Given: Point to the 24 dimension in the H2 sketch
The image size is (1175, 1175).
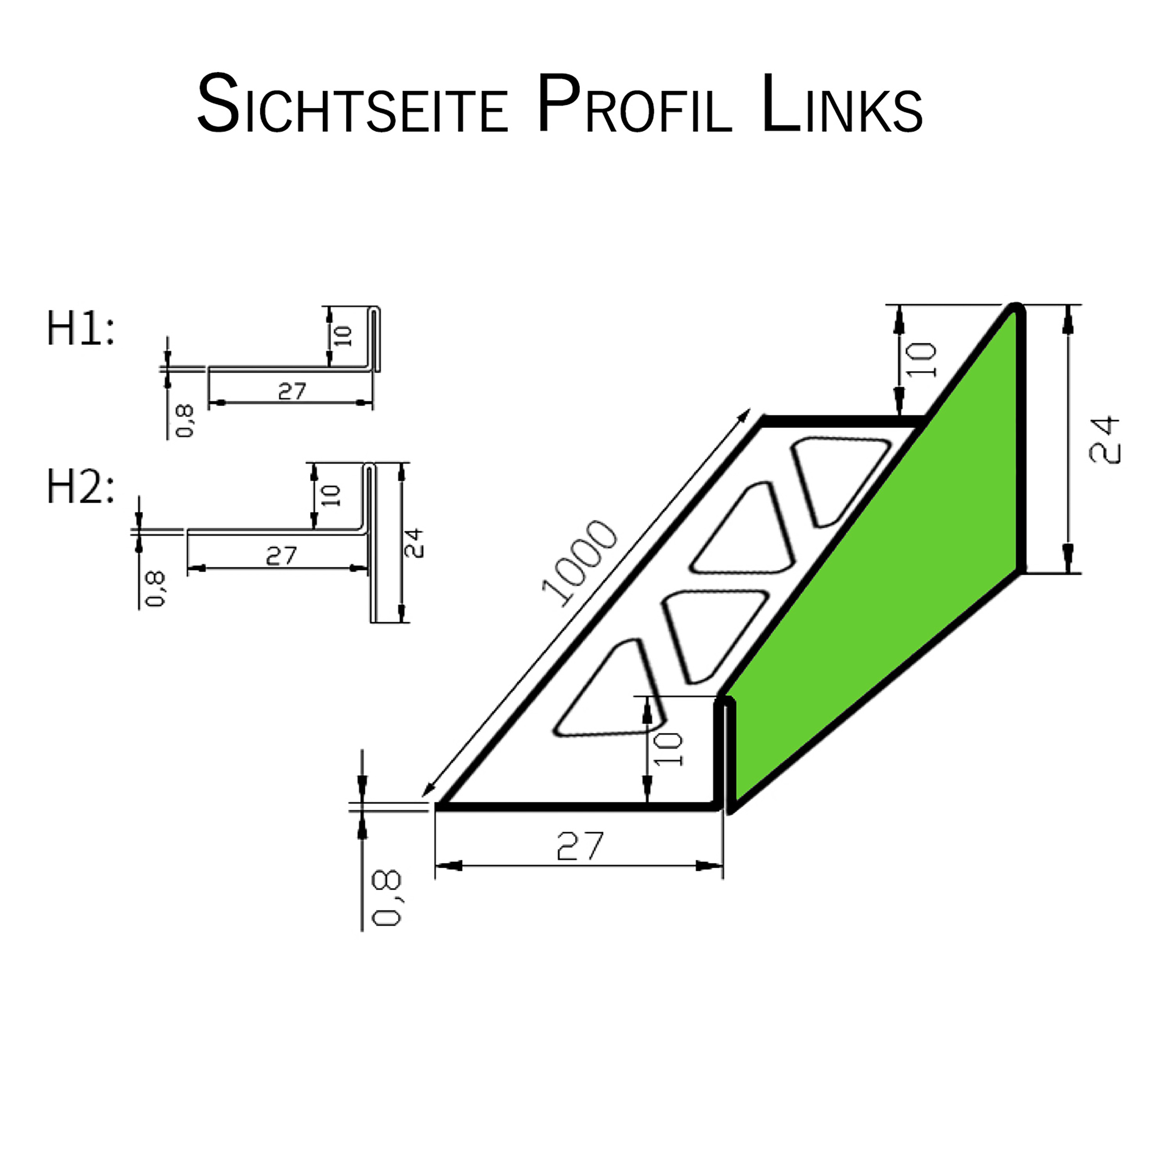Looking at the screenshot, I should pyautogui.click(x=414, y=543).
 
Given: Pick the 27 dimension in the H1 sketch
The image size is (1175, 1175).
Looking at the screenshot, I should pyautogui.click(x=292, y=392).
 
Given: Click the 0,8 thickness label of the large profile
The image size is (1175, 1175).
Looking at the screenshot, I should pyautogui.click(x=387, y=898).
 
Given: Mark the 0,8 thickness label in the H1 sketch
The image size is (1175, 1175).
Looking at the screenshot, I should pyautogui.click(x=184, y=421).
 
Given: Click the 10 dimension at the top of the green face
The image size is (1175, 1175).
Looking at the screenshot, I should pyautogui.click(x=922, y=360).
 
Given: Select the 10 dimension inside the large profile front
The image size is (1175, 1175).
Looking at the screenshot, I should pyautogui.click(x=669, y=749).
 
